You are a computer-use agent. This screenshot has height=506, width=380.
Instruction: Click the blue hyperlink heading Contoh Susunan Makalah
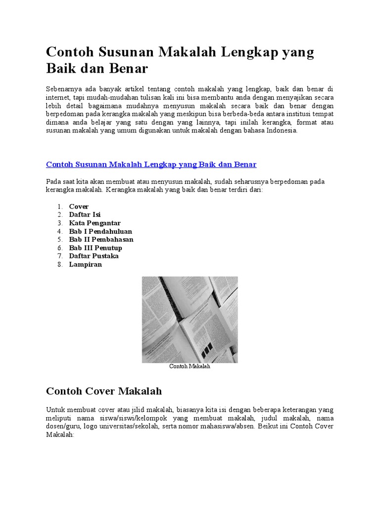151,164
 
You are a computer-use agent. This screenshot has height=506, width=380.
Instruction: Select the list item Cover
79,206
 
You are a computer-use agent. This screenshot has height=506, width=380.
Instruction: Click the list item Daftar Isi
85,214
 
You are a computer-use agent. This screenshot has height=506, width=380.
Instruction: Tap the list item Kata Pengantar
95,223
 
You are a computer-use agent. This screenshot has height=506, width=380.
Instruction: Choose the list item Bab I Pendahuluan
100,231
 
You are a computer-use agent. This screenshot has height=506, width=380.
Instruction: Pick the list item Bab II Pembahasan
101,240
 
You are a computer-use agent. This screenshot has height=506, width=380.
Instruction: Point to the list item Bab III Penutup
95,248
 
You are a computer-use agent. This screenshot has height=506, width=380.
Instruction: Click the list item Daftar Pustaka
94,256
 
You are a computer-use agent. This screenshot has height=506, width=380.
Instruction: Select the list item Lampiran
85,264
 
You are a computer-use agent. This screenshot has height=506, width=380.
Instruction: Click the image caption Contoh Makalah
190,367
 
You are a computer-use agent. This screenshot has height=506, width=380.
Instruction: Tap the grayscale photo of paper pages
190,319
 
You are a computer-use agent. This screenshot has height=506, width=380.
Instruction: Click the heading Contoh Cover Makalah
104,391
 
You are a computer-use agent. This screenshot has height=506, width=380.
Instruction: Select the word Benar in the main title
126,68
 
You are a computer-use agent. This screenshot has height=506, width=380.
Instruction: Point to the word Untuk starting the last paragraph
55,410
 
